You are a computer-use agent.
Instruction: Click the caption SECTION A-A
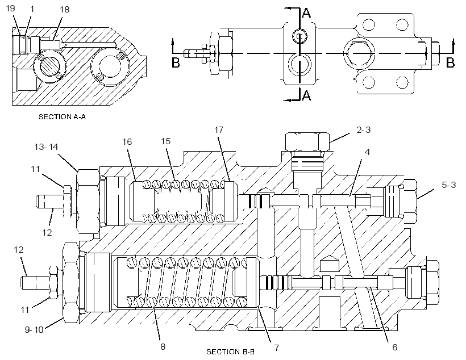click(62, 117)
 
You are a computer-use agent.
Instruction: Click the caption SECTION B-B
click(231, 352)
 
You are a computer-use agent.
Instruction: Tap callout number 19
click(10, 8)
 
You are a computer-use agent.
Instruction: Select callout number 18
click(64, 10)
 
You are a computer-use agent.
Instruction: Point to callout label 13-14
click(46, 146)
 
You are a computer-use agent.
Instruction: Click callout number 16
click(127, 142)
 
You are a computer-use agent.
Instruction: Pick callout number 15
click(166, 141)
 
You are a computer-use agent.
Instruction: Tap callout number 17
click(219, 130)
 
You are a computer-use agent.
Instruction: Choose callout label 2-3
click(363, 130)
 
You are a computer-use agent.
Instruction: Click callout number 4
click(367, 152)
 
